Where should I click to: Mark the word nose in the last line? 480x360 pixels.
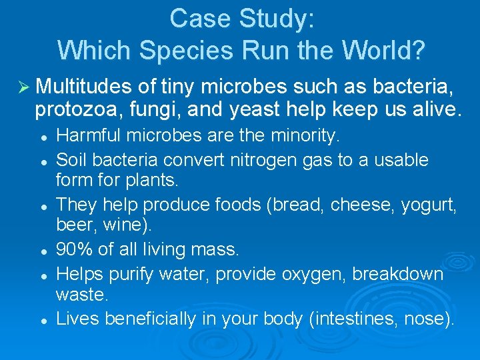click(423, 319)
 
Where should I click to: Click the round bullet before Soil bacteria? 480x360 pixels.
click(43, 161)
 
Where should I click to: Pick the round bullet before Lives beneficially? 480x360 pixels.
click(43, 319)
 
